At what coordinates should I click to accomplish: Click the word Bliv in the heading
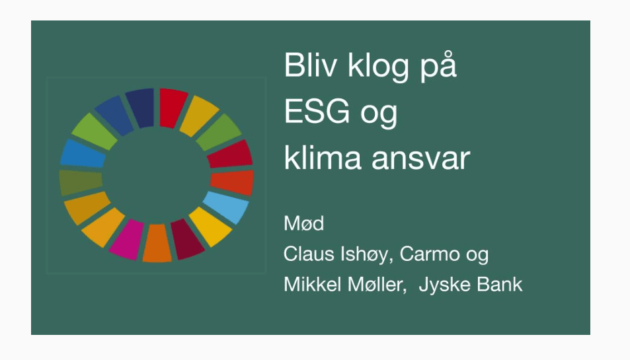pos(310,65)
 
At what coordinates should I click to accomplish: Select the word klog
pos(377,67)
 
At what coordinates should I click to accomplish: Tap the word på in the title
pos(438,67)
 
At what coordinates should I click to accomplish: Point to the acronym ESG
pos(317,111)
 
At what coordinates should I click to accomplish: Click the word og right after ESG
pos(379,116)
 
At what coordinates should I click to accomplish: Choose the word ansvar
pos(420,159)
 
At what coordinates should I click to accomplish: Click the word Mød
pos(303,223)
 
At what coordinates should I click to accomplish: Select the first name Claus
pos(309,254)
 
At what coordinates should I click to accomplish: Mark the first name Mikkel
pos(313,284)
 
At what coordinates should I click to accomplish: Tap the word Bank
pos(499,284)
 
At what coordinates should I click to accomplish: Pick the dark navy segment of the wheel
pos(141,108)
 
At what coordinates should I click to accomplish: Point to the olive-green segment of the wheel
pos(81,182)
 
